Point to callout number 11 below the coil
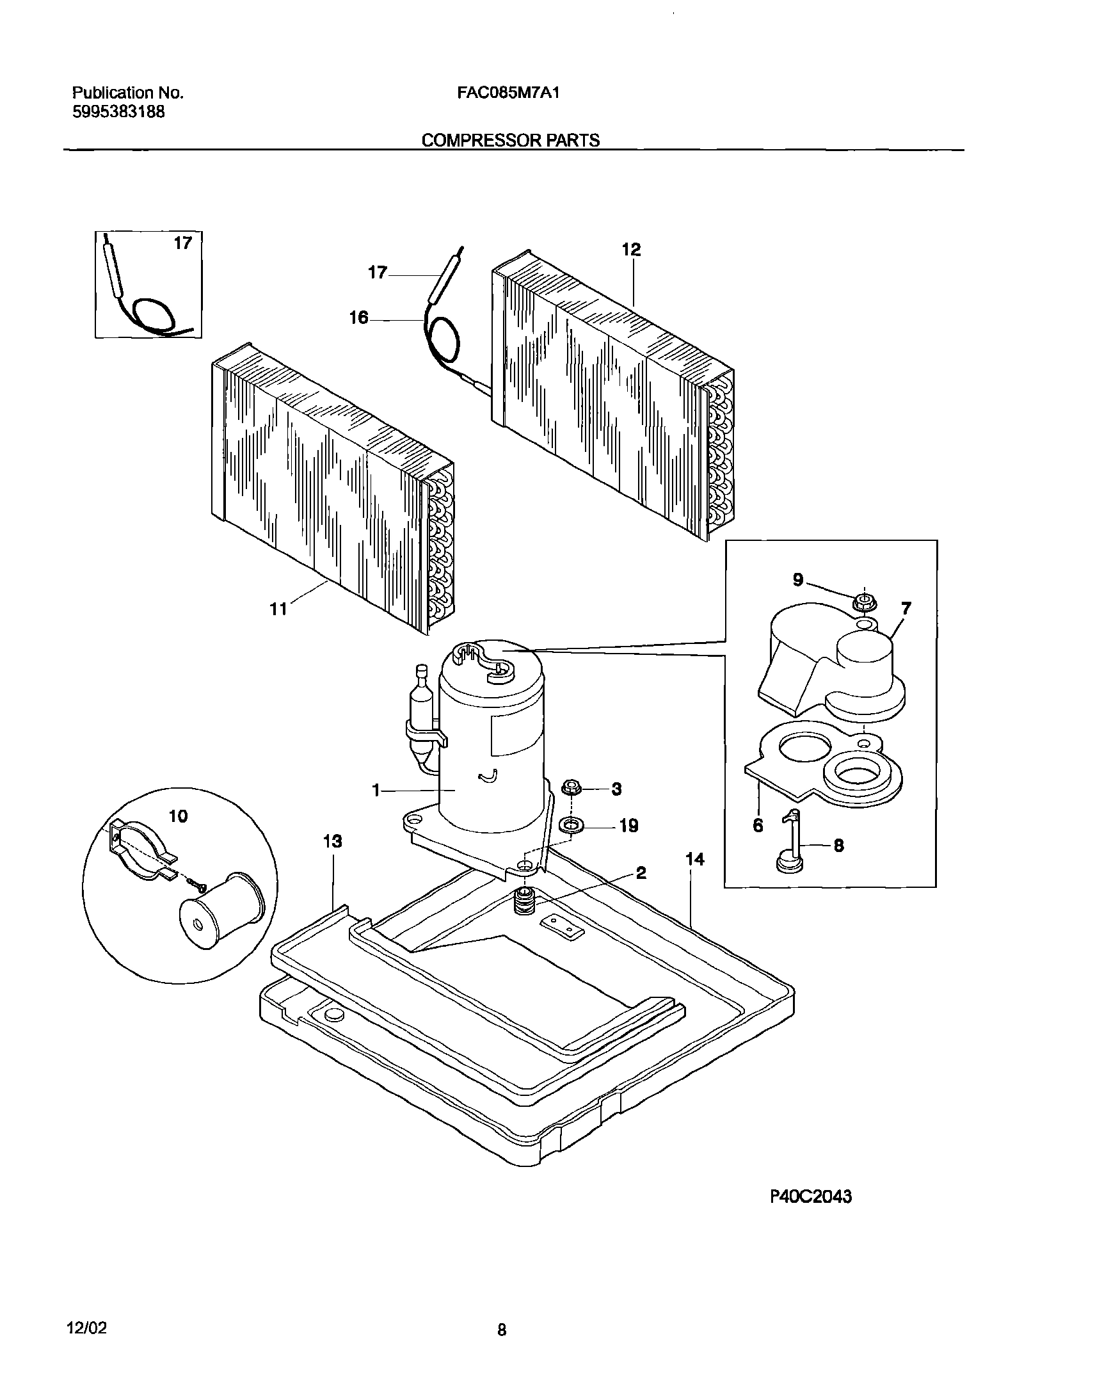tap(278, 609)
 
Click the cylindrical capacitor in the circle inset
tap(221, 911)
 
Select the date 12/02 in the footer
tap(86, 1328)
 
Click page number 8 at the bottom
tap(502, 1330)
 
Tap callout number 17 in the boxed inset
tap(183, 243)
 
